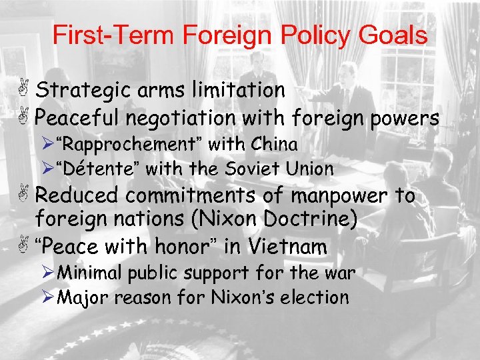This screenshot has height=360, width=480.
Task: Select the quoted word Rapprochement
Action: point(132,144)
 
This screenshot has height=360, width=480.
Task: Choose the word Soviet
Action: point(248,169)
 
